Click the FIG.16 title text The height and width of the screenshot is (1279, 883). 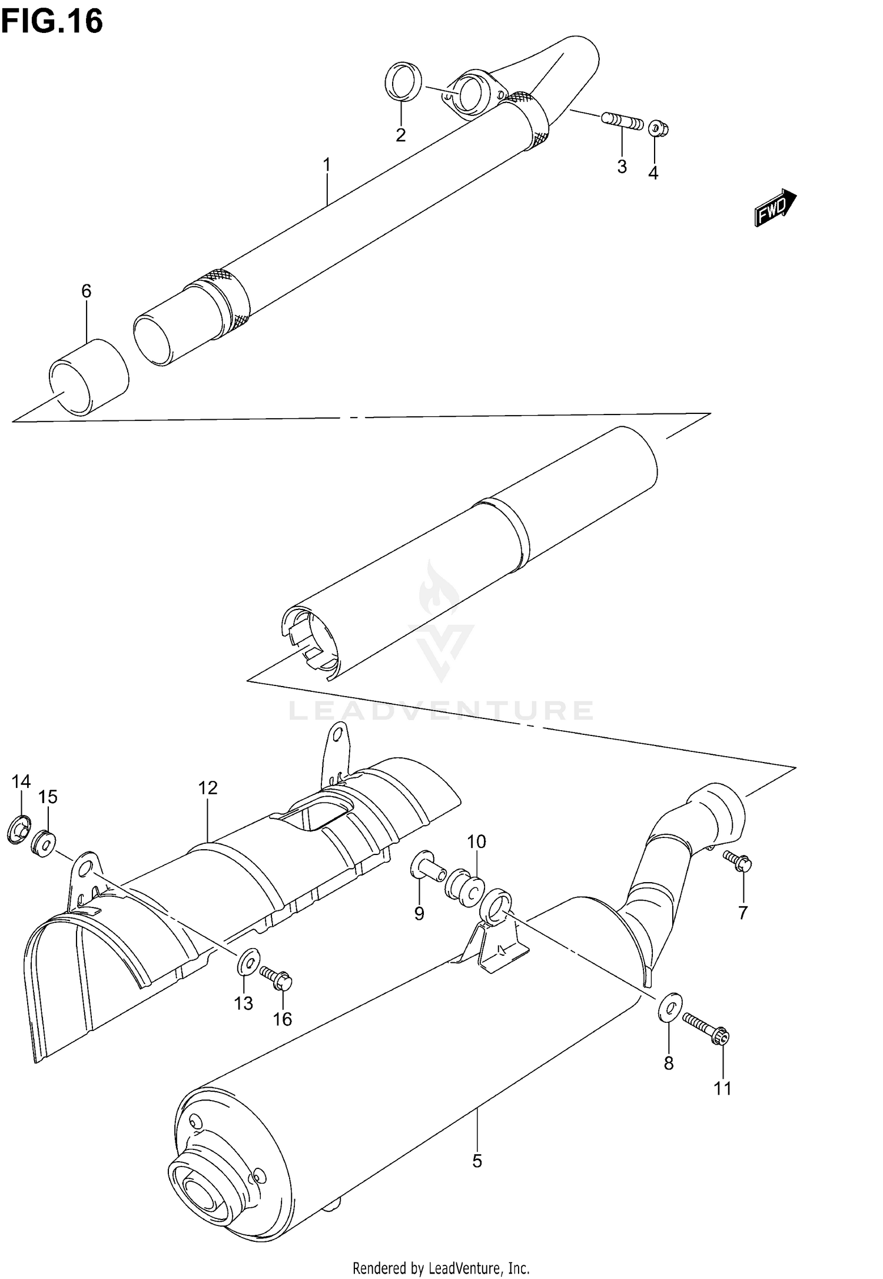coord(52,22)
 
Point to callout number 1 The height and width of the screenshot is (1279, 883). coord(327,164)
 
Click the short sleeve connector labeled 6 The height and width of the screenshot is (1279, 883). coord(89,377)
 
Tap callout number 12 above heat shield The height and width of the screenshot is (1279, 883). coord(208,788)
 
